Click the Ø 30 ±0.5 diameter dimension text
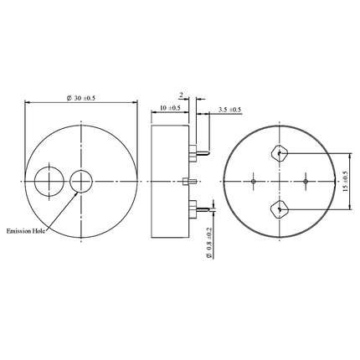pos(82,99)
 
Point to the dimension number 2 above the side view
pos(180,94)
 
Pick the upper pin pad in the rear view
pos(278,154)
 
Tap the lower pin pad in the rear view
pos(278,208)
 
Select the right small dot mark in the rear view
pos(306,181)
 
